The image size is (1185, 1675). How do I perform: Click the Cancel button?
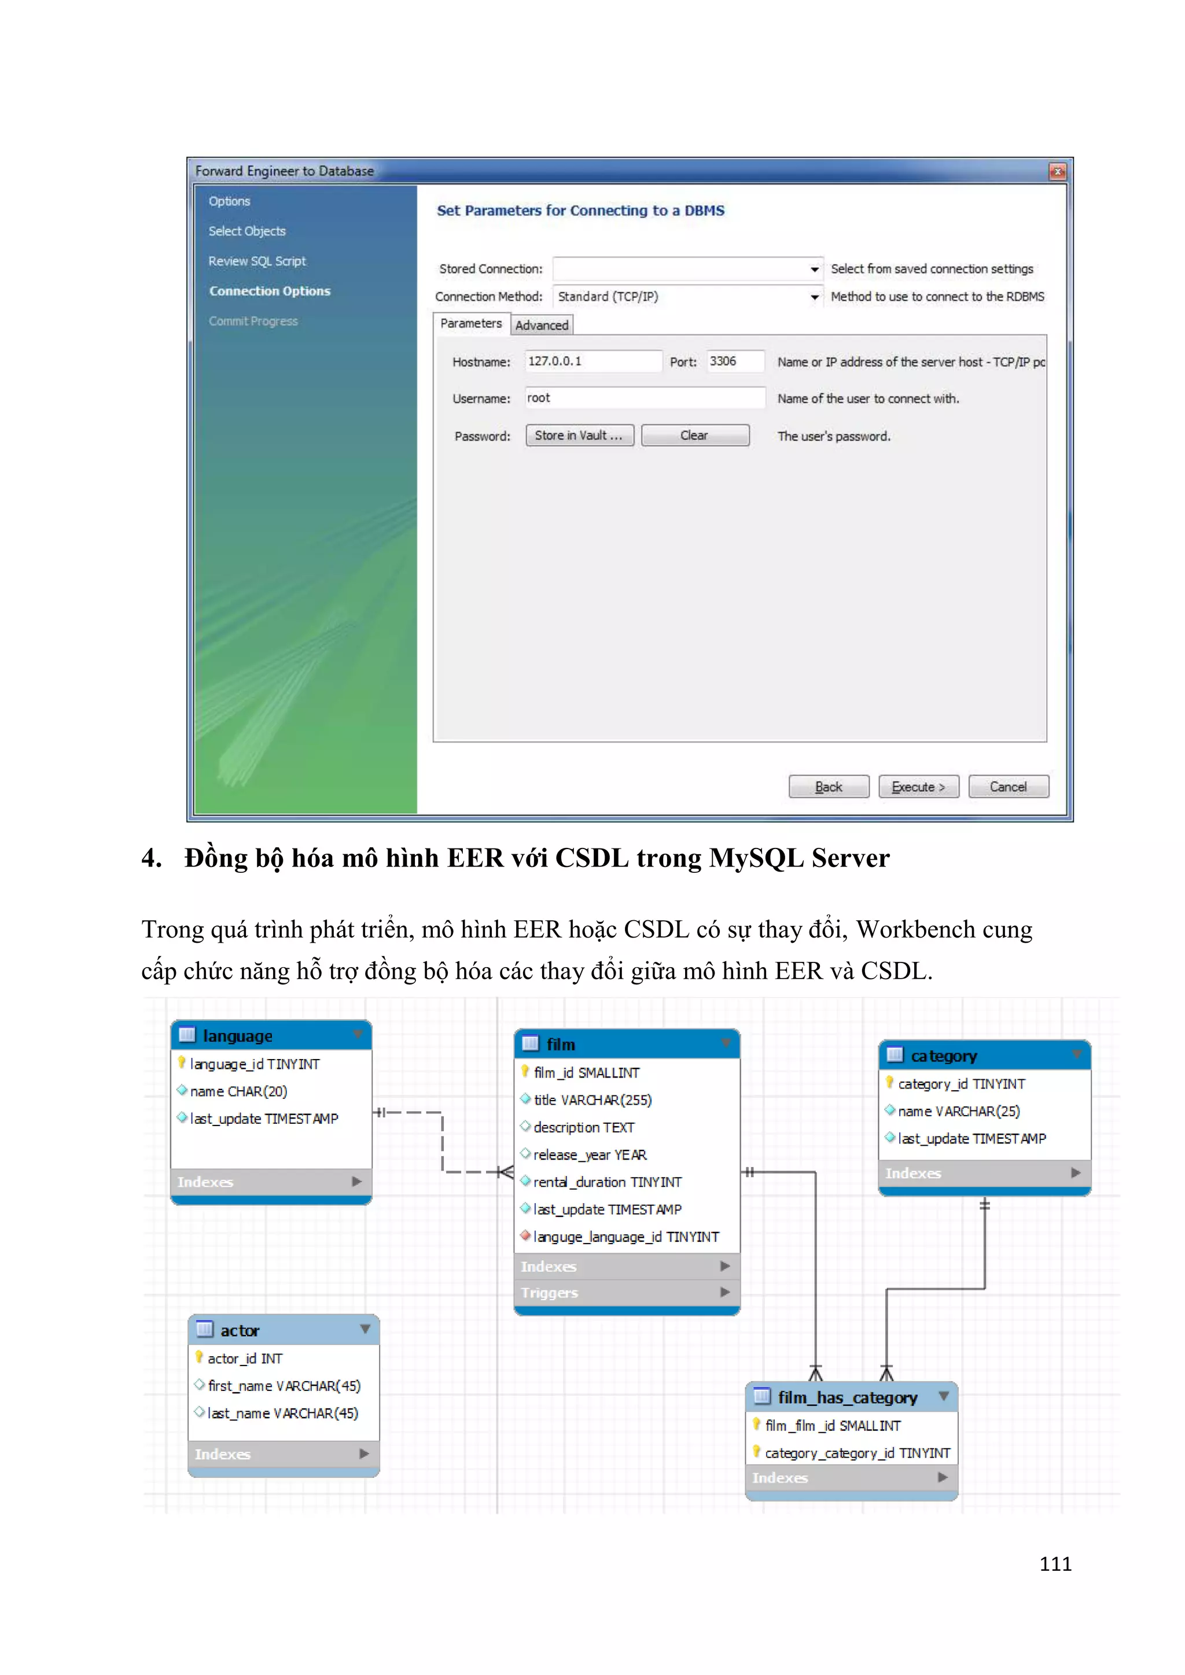point(1008,787)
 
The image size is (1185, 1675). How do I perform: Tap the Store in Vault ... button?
point(579,436)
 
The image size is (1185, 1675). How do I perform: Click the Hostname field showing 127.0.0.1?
point(592,361)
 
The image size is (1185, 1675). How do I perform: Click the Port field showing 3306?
point(734,361)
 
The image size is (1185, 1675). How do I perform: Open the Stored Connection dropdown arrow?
point(814,269)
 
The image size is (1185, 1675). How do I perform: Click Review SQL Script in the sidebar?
point(257,261)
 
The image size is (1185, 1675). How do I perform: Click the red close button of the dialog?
point(1057,171)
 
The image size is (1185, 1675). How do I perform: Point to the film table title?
point(561,1045)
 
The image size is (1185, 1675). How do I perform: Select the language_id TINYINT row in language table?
point(255,1064)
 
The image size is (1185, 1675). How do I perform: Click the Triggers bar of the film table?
point(626,1293)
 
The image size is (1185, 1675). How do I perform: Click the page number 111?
point(1055,1564)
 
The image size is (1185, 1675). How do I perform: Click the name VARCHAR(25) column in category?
point(958,1111)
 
